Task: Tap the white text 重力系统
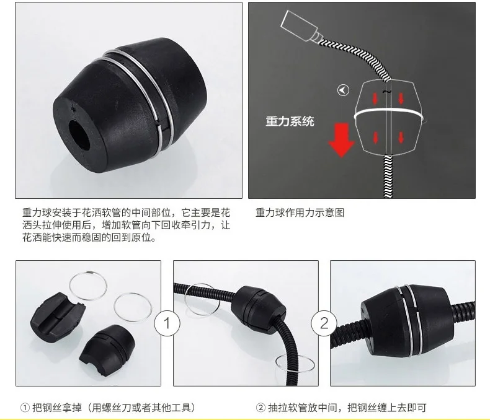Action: (290, 121)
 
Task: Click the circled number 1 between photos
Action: (167, 323)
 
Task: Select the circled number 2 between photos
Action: (324, 323)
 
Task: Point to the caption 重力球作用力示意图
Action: (300, 213)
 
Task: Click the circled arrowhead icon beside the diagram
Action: (343, 90)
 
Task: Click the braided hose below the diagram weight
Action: (388, 177)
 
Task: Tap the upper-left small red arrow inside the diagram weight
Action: (375, 98)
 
